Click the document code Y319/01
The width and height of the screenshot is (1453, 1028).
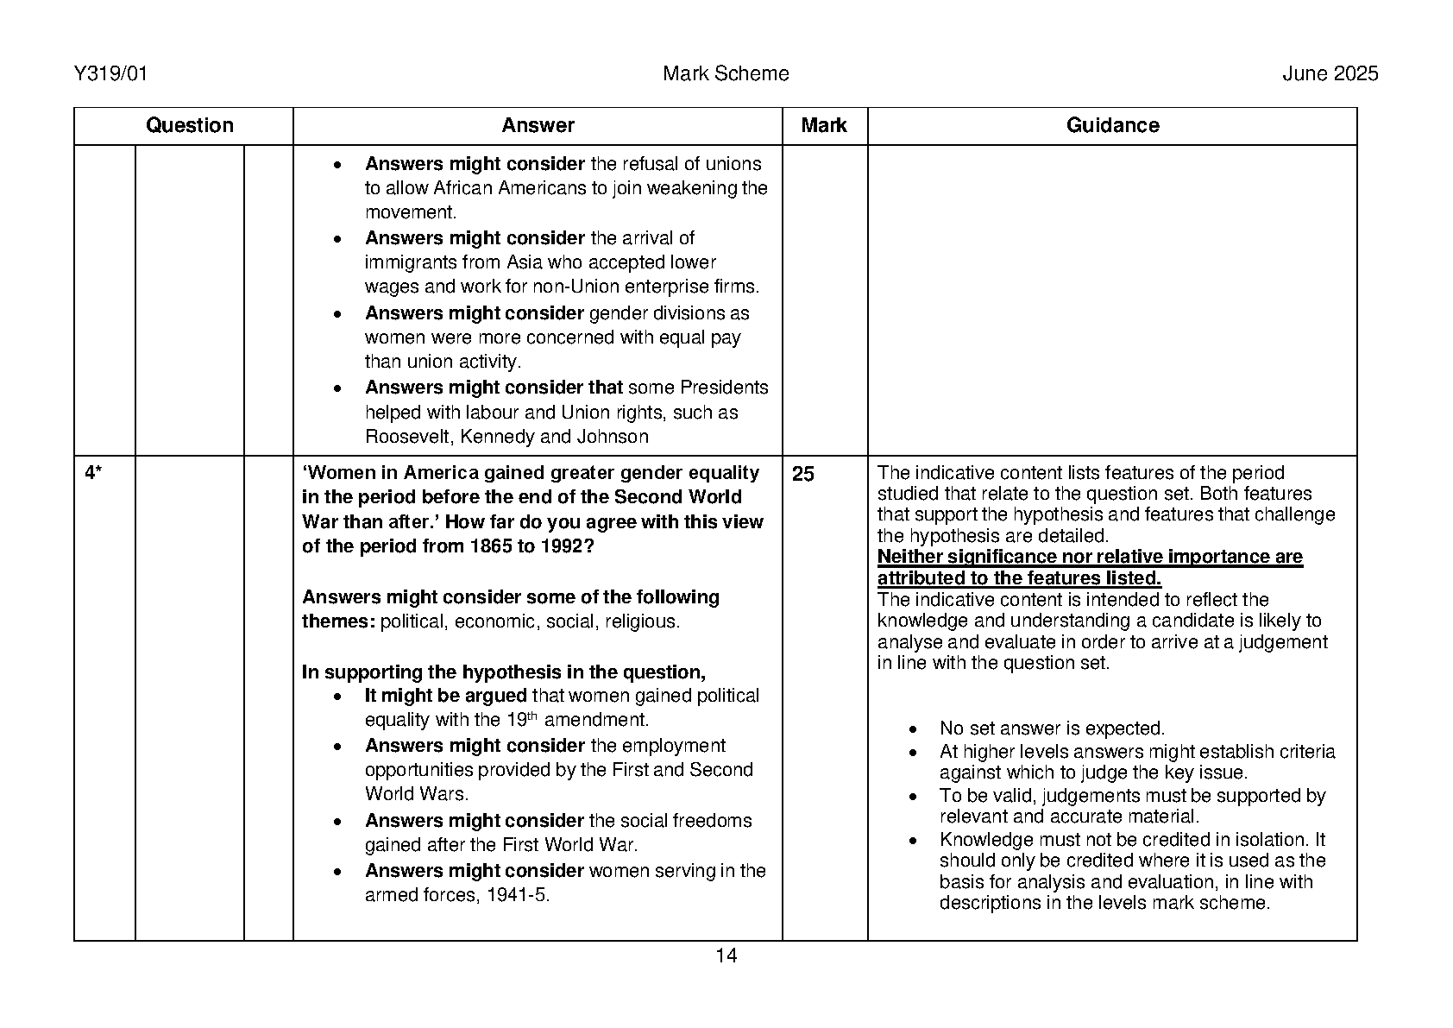pos(111,74)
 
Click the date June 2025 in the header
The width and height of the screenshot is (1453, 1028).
pos(1330,74)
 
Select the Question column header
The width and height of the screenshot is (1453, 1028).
pos(189,126)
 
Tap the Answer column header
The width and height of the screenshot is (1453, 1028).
pos(538,126)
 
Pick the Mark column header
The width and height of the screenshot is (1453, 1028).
pos(823,126)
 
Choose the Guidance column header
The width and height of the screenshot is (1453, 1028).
pos(1112,126)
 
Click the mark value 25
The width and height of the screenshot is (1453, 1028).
pos(802,475)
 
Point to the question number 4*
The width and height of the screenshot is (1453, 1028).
pos(93,473)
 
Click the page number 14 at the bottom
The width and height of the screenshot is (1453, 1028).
pos(726,955)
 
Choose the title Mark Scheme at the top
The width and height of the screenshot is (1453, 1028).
pos(726,74)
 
